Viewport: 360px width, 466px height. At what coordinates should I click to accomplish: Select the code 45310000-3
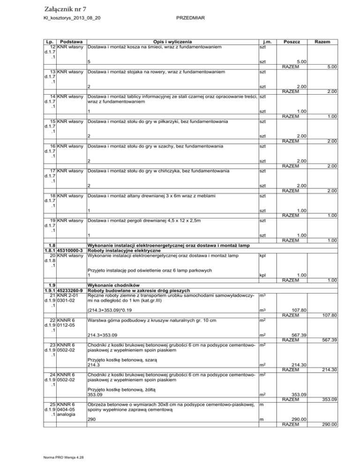pos(69,251)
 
